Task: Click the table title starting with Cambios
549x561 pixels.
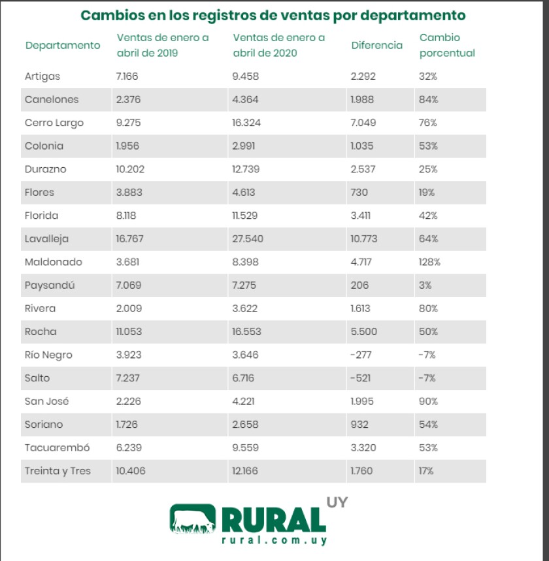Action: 273,15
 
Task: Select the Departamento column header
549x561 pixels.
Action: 63,45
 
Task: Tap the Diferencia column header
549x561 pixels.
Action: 376,45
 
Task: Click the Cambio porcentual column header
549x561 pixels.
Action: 447,45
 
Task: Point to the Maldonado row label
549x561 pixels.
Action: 54,262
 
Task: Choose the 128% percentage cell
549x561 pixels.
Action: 429,262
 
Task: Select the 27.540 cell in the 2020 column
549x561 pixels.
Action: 248,239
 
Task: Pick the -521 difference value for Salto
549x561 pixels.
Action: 361,378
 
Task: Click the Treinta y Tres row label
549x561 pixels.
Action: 58,471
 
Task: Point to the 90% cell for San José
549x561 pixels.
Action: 428,401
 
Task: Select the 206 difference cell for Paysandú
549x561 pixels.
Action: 359,285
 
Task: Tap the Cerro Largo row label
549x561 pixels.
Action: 54,123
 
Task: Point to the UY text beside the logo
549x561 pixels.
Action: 337,503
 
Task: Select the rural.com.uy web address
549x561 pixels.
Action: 274,540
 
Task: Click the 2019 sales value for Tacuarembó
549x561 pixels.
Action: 127,447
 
